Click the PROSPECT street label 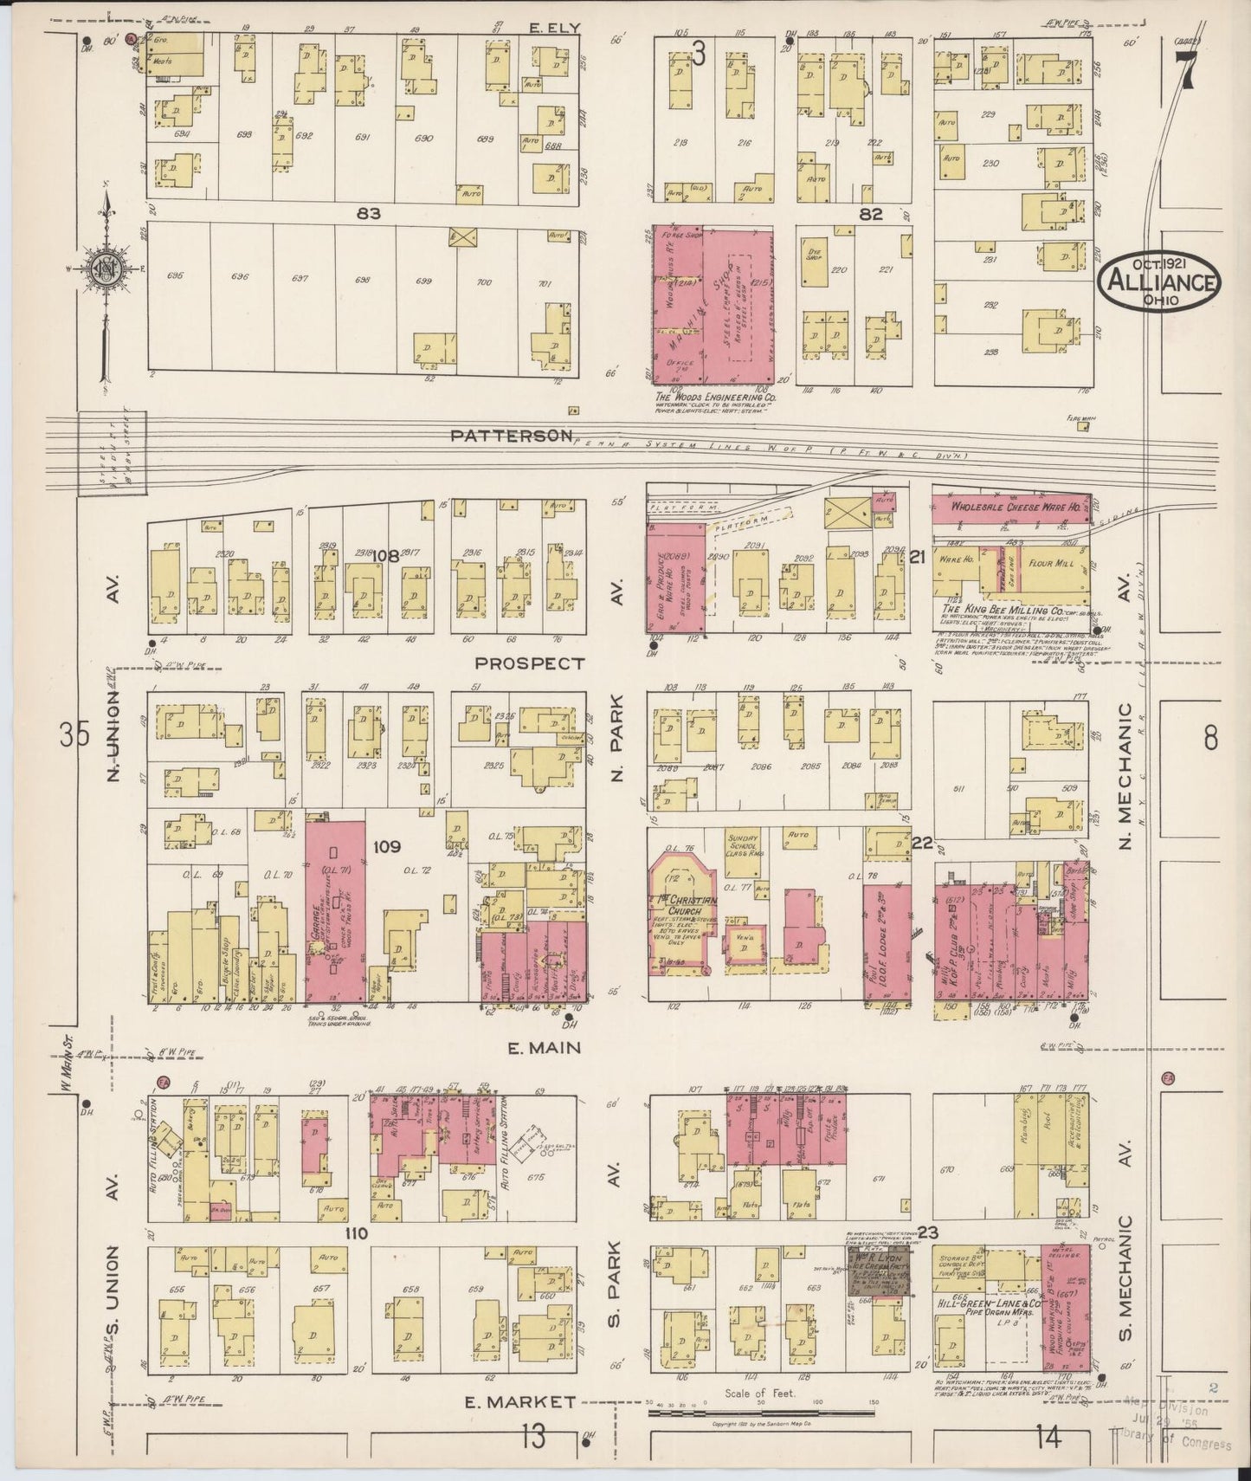(531, 663)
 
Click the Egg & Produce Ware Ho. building (675, 578)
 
